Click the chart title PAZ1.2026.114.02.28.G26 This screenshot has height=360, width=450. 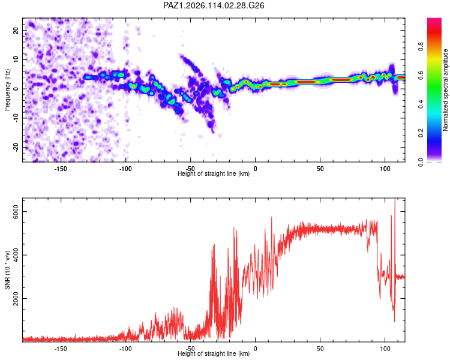(x=214, y=5)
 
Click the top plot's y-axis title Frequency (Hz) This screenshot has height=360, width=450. (x=7, y=90)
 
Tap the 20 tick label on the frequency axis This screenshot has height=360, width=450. (x=16, y=31)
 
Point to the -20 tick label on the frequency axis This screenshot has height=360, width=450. (x=16, y=147)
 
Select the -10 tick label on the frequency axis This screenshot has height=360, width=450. (x=16, y=118)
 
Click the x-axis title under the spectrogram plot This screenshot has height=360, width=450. (x=214, y=173)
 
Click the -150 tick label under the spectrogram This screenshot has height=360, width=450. (x=60, y=169)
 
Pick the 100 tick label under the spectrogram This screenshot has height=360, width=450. (x=385, y=169)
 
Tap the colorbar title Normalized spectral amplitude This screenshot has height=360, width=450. (x=445, y=90)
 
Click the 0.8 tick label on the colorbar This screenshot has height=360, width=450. (x=421, y=47)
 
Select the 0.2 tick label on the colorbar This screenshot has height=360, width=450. (x=421, y=133)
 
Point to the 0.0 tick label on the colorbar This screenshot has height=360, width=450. (x=421, y=162)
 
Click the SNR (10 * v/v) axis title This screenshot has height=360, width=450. (x=7, y=270)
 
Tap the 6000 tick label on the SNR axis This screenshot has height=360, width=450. (x=16, y=212)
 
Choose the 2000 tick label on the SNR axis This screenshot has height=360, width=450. (x=16, y=299)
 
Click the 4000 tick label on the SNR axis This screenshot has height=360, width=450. (x=16, y=255)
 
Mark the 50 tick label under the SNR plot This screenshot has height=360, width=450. (x=320, y=349)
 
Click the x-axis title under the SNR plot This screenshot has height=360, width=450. (x=214, y=353)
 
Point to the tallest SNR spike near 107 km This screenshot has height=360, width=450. (x=395, y=199)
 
